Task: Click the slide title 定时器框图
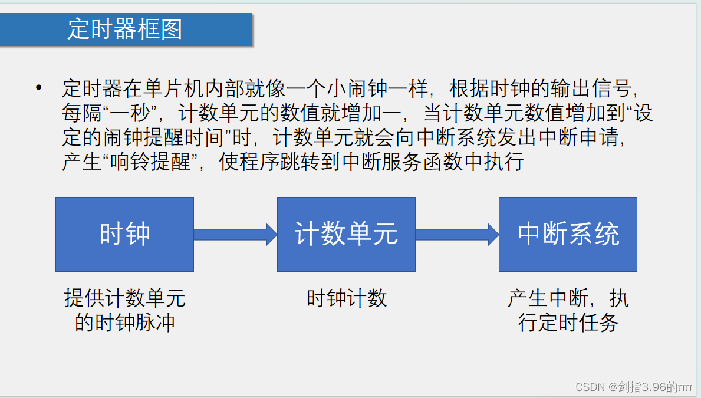tap(124, 29)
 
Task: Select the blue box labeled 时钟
tap(124, 234)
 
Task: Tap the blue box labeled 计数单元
tap(346, 234)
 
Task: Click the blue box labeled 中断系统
tap(568, 234)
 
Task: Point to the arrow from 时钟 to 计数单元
tap(235, 234)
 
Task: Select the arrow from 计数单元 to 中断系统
tap(457, 234)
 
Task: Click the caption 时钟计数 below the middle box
tap(346, 298)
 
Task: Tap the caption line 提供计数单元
tap(124, 298)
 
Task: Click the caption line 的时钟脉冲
tap(124, 323)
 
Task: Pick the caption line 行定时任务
tap(568, 323)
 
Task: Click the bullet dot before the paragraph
tap(39, 88)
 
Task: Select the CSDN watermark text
tap(633, 387)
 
